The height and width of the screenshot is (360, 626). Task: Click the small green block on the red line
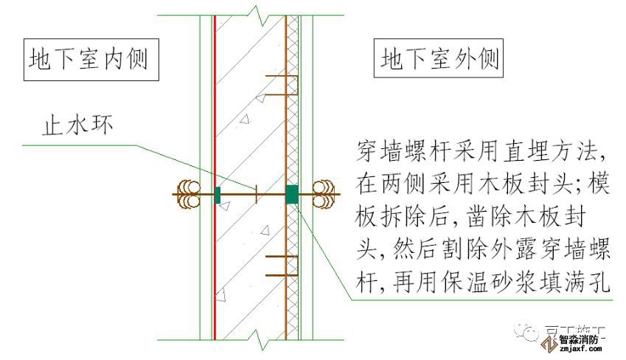tap(218, 194)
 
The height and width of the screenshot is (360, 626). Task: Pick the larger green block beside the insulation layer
tap(293, 194)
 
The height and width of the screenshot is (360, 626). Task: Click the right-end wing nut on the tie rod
tap(324, 194)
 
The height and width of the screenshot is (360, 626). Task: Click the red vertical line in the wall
tap(215, 111)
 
